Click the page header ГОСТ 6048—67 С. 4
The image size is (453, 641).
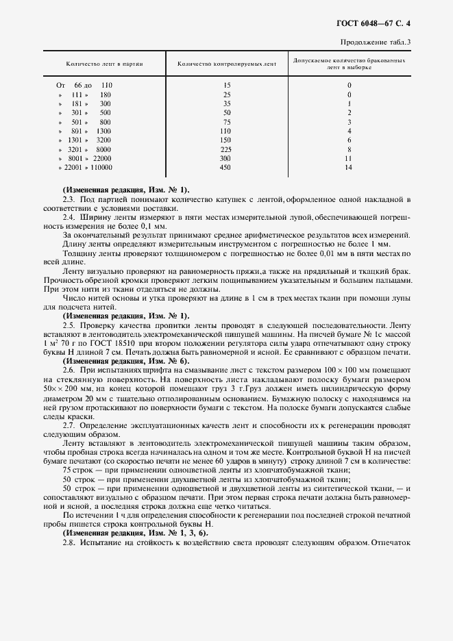(387, 24)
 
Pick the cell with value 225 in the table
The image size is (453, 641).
(226, 149)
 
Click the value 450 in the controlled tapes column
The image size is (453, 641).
(226, 167)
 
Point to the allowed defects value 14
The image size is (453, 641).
(349, 167)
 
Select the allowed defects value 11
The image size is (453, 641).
(349, 158)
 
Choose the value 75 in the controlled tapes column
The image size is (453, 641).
(226, 121)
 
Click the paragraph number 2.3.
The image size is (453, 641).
(68, 199)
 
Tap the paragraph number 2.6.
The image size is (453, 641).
(68, 370)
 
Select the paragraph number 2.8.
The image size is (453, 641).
(68, 542)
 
